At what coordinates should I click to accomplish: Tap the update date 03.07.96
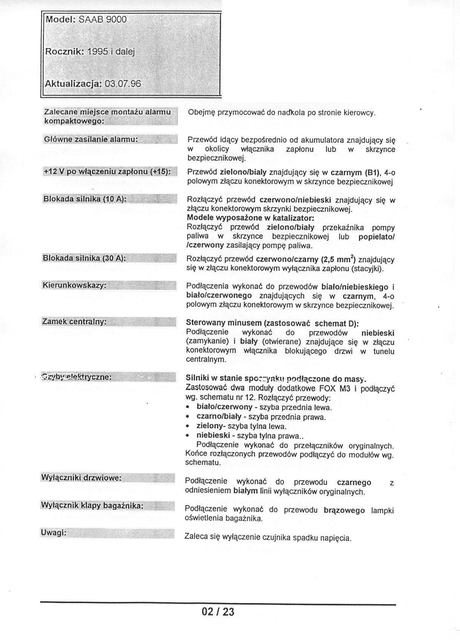(123, 84)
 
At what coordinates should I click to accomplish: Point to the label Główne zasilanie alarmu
(91, 139)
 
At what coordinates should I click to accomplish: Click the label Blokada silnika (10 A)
(84, 199)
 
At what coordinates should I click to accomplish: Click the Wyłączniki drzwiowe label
(81, 478)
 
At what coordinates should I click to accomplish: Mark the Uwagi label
(54, 533)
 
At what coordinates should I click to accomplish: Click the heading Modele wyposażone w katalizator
(250, 218)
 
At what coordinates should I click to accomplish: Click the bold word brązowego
(344, 510)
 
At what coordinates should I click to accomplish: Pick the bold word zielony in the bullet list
(209, 426)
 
